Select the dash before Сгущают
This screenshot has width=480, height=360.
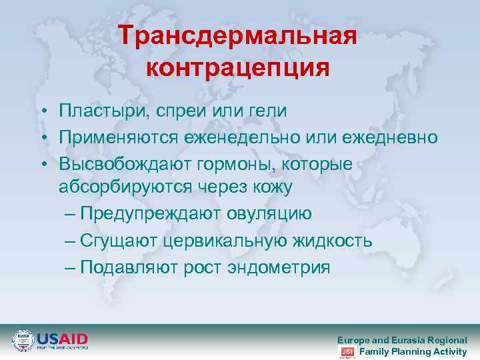tap(71, 241)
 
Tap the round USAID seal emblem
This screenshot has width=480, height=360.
tap(23, 341)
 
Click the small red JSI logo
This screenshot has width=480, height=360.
tap(347, 351)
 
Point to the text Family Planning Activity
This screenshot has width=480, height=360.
tap(413, 351)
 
